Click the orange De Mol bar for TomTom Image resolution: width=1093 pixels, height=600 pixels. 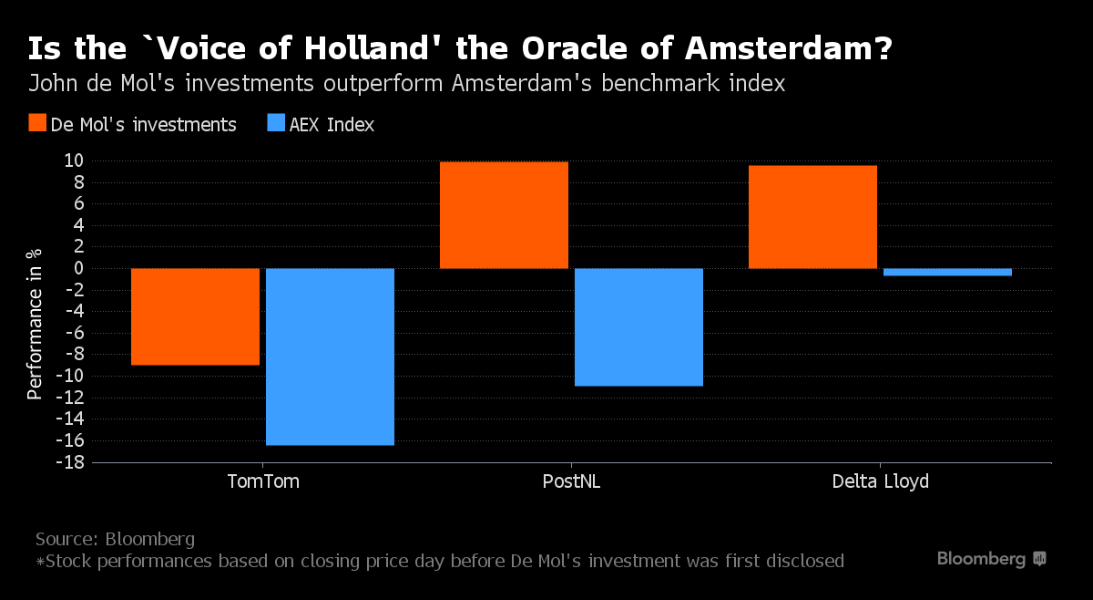195,316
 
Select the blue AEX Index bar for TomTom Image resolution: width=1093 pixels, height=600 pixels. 330,357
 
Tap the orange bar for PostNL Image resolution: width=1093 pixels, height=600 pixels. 504,215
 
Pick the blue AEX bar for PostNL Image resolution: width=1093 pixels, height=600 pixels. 638,326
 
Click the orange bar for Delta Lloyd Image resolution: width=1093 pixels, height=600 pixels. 812,217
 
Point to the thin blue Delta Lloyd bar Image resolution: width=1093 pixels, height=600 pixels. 947,272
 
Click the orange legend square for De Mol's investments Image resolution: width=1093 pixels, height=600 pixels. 37,124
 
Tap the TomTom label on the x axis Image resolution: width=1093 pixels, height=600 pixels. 262,481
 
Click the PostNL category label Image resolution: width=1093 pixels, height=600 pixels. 571,481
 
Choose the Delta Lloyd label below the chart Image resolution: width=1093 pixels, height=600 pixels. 880,481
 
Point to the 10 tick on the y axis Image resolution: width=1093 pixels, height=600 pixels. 74,160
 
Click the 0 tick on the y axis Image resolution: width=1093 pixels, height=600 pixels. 78,268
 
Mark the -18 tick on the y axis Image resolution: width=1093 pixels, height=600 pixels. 70,462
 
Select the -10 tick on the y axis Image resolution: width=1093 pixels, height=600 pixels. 70,376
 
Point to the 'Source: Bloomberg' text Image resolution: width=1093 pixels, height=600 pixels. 115,538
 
